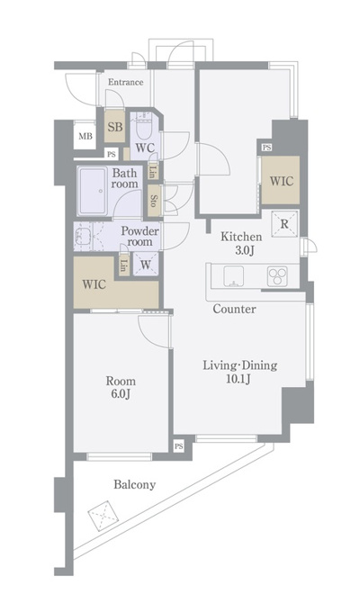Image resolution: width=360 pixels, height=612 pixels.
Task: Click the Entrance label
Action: click(125, 83)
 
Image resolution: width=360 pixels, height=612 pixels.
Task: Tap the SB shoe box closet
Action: click(115, 126)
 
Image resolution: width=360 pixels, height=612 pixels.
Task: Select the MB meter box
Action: click(85, 136)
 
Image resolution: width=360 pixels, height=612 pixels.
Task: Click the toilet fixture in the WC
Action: click(145, 127)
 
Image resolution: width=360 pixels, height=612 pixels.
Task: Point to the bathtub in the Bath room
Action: click(92, 191)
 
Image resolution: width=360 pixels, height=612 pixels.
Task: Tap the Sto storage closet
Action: click(153, 200)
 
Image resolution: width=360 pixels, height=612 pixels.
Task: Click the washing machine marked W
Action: click(145, 265)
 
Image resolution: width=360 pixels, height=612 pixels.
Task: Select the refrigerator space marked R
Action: click(284, 224)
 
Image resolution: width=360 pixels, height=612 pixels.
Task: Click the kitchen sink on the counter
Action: click(233, 276)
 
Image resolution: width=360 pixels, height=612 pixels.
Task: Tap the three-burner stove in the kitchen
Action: click(277, 276)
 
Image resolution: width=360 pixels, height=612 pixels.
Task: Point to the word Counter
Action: click(234, 309)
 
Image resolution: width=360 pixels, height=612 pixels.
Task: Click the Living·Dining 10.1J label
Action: click(239, 372)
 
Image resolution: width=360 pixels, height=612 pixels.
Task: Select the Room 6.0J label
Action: click(121, 387)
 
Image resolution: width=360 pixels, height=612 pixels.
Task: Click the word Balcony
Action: click(135, 485)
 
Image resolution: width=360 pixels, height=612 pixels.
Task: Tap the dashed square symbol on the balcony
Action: click(103, 516)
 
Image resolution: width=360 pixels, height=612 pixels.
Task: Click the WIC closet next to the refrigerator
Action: click(281, 180)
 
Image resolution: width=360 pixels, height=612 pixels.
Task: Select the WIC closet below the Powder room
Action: click(116, 283)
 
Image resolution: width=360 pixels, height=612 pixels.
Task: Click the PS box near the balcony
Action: click(179, 446)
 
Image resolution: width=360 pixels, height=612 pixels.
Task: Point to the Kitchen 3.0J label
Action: click(241, 243)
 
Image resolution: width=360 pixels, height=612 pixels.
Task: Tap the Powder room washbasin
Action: click(83, 236)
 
